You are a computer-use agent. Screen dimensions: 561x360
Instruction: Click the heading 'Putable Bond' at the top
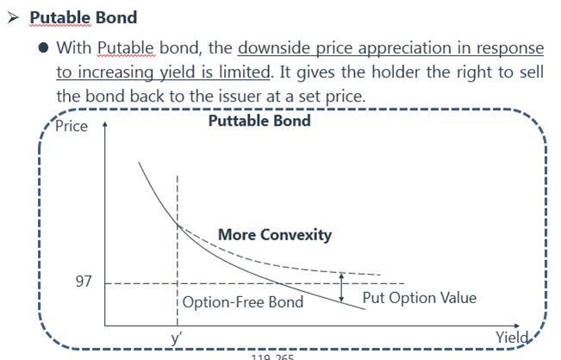click(84, 17)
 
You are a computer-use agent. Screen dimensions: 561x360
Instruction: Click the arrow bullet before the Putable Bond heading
click(13, 17)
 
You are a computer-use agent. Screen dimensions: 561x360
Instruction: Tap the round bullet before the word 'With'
click(43, 47)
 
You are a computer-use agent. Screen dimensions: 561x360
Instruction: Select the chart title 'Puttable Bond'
click(259, 121)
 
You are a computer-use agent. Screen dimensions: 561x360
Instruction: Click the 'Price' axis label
click(72, 127)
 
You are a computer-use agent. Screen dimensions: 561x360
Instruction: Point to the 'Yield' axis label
click(512, 337)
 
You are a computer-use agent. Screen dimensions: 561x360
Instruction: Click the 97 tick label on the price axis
click(84, 282)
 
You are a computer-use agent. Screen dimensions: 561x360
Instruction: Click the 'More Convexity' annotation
click(275, 235)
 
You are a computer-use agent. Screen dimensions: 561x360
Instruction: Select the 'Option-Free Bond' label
click(243, 302)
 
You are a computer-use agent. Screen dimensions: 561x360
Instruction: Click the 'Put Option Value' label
click(420, 298)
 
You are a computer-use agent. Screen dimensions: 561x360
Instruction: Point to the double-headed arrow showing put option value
click(341, 288)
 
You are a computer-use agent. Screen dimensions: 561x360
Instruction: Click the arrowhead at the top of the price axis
click(105, 124)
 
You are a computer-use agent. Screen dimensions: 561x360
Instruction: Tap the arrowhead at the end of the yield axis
click(516, 326)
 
